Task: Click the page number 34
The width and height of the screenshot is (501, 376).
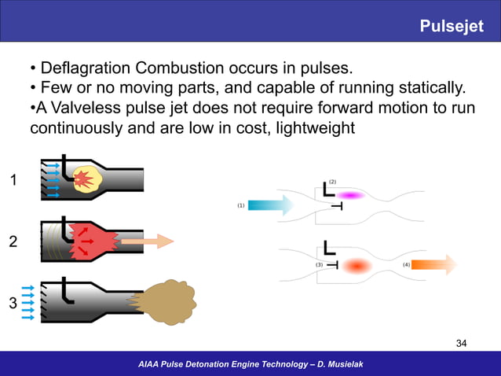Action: tap(462, 343)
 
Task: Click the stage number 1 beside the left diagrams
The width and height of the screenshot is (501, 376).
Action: tap(13, 182)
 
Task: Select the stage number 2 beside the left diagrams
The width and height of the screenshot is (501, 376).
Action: tap(13, 241)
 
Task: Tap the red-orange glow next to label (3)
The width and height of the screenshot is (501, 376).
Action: tap(357, 266)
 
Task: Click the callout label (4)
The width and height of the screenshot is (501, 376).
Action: tap(406, 265)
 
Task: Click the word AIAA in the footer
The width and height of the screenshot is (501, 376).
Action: tap(151, 363)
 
